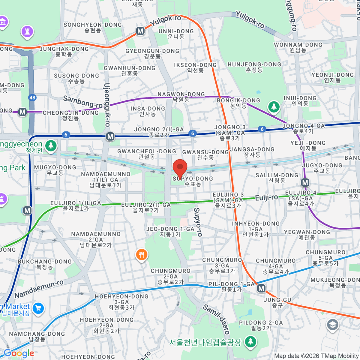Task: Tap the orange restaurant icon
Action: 141,255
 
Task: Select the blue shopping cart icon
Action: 38,308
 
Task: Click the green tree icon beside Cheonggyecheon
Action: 51,146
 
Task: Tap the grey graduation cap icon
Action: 332,325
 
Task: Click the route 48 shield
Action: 32,97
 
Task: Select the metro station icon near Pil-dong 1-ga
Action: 261,289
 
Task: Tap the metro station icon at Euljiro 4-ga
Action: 305,182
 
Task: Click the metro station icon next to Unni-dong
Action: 140,31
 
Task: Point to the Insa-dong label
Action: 148,111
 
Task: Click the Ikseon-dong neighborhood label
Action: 195,67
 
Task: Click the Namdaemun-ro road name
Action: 39,289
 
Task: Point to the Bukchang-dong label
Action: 45,264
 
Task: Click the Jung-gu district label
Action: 277,302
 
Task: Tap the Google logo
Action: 19,353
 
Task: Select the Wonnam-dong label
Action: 298,47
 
